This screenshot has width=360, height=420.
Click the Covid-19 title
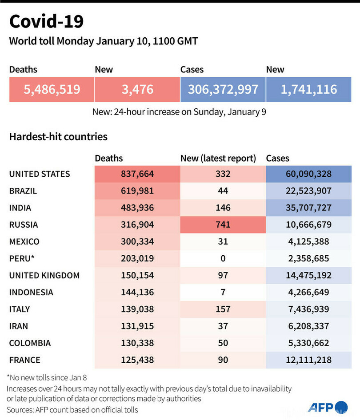[46, 21]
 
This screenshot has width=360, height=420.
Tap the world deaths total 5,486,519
[52, 89]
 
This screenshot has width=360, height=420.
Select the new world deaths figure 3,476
[137, 89]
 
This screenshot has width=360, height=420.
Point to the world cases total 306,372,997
[223, 89]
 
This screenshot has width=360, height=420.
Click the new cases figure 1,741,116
[308, 89]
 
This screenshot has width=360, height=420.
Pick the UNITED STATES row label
[40, 174]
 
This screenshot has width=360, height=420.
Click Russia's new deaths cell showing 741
[223, 225]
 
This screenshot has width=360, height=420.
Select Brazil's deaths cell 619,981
[137, 191]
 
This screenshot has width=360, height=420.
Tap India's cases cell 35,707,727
[308, 208]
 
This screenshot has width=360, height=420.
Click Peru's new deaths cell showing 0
[223, 258]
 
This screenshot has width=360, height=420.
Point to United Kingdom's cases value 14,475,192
[308, 275]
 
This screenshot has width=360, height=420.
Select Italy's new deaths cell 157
[223, 309]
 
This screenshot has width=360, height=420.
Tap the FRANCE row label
[25, 360]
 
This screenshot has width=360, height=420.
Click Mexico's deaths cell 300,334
[137, 242]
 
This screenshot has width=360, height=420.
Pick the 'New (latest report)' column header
[218, 158]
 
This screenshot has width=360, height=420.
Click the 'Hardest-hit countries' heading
[58, 136]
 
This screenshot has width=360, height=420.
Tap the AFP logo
[328, 407]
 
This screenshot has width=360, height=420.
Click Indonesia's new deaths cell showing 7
[223, 292]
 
